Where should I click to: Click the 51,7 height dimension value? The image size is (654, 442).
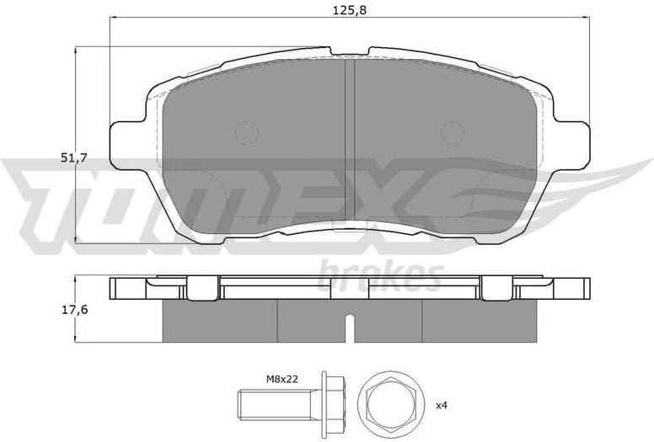point(74,157)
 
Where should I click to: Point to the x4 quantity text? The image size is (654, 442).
point(442,405)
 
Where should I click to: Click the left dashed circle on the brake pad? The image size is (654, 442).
point(246,132)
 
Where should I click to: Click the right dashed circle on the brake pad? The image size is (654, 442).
point(453,132)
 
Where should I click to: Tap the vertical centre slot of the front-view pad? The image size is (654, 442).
point(350,143)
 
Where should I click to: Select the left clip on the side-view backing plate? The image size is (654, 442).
point(201,288)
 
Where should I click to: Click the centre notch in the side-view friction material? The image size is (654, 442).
point(350,323)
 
